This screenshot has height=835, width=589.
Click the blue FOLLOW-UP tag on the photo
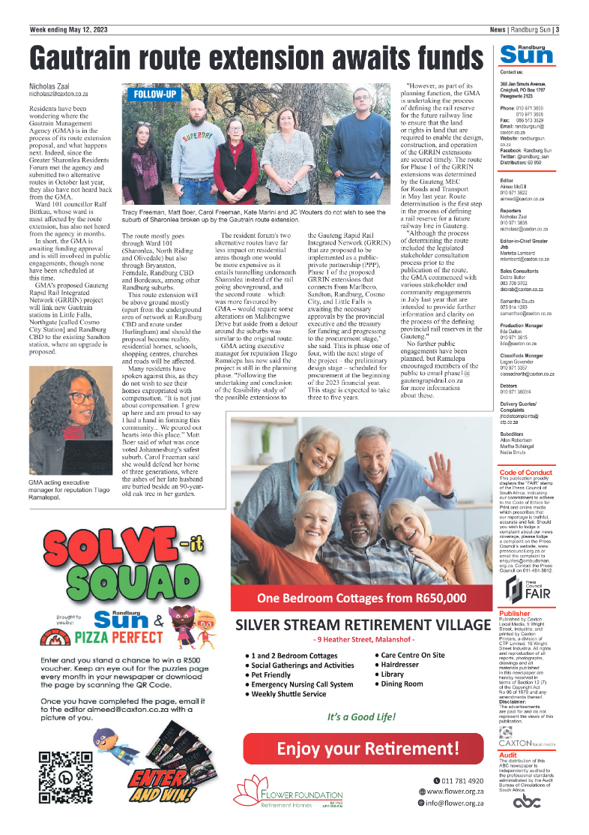click(x=156, y=95)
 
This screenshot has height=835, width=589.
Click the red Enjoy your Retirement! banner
click(x=363, y=749)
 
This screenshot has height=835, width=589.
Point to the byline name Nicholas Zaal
click(x=53, y=86)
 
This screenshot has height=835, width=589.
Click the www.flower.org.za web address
click(x=455, y=791)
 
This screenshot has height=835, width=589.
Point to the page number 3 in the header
click(x=558, y=30)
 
